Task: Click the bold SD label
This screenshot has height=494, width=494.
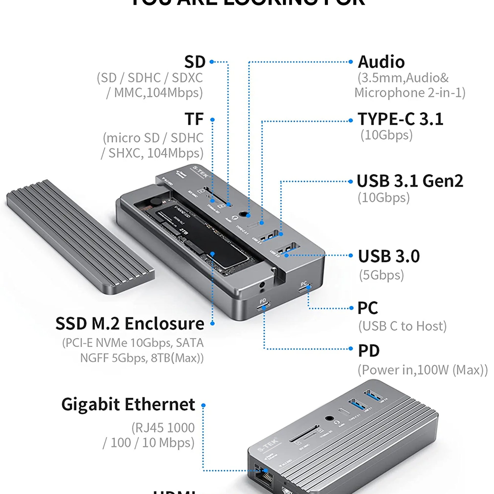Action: (x=195, y=62)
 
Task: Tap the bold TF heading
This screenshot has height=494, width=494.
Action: (x=194, y=119)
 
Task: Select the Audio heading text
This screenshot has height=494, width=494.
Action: (x=381, y=62)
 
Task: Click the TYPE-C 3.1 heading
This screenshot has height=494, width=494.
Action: (x=400, y=119)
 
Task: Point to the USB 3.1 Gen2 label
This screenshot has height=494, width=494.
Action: (x=410, y=181)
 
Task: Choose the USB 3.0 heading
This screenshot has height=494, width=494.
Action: (x=389, y=256)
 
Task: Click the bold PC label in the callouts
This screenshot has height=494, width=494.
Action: (x=368, y=308)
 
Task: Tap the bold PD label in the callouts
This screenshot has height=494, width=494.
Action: (x=368, y=351)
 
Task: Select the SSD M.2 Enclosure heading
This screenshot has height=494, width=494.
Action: (x=130, y=324)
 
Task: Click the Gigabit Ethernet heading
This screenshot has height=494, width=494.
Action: (x=128, y=404)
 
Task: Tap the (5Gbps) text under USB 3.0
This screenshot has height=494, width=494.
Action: (x=381, y=275)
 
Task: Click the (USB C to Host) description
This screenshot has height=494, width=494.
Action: (x=402, y=326)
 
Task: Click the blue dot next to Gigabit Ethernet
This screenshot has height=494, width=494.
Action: (x=203, y=405)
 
